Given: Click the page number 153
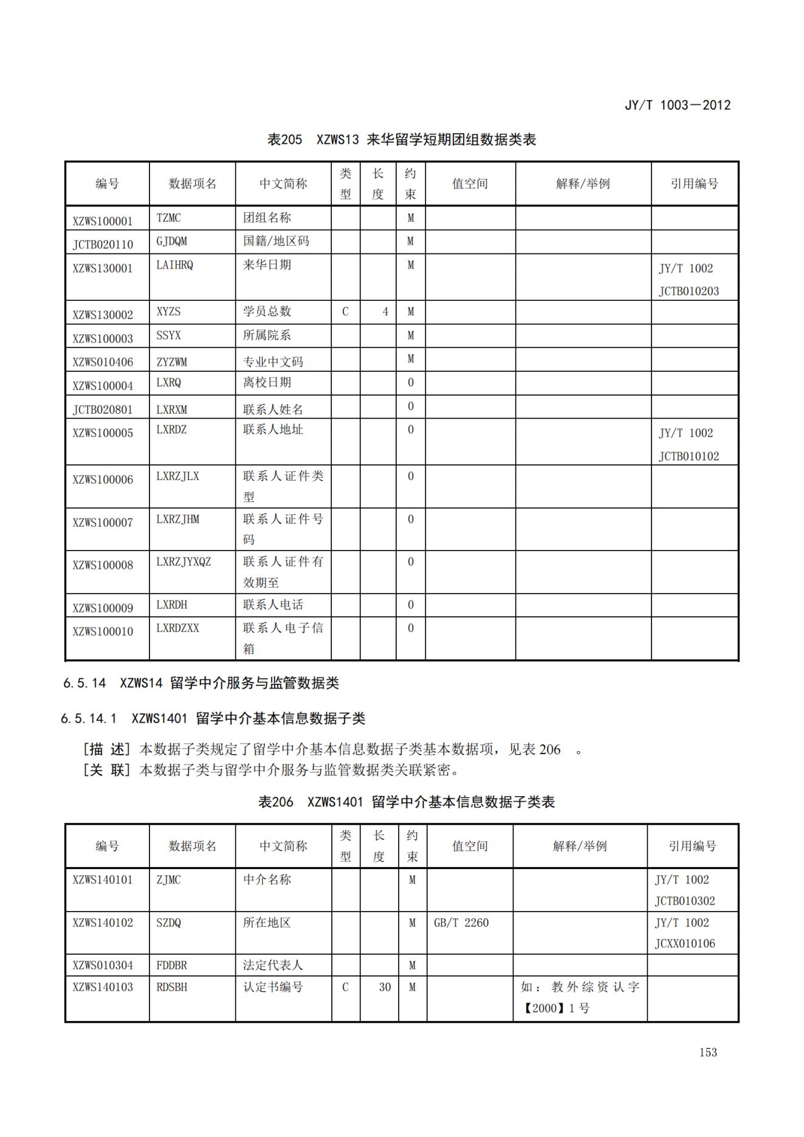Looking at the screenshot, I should [708, 1052].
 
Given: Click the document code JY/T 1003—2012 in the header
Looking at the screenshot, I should [678, 105].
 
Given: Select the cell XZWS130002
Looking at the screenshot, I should [103, 314].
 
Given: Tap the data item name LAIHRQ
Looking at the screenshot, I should [174, 265].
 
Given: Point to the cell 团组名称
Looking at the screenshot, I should [267, 218].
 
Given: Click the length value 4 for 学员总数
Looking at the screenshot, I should [385, 312].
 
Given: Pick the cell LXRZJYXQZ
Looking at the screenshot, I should [184, 562].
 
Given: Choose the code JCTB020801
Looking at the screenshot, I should [103, 409].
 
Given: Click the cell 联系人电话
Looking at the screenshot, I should [273, 605].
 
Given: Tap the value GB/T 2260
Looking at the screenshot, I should [461, 922].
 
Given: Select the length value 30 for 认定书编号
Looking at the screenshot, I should [385, 987].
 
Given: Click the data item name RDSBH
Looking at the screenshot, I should [172, 987].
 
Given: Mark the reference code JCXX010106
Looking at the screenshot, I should [685, 943].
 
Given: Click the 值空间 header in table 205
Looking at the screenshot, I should [470, 184].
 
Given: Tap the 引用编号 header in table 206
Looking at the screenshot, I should [692, 846].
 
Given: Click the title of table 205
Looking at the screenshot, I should [402, 140].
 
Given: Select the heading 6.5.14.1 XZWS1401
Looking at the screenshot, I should [213, 718].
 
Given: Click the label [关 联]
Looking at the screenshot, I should [107, 770].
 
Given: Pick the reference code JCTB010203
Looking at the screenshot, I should [689, 290].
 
